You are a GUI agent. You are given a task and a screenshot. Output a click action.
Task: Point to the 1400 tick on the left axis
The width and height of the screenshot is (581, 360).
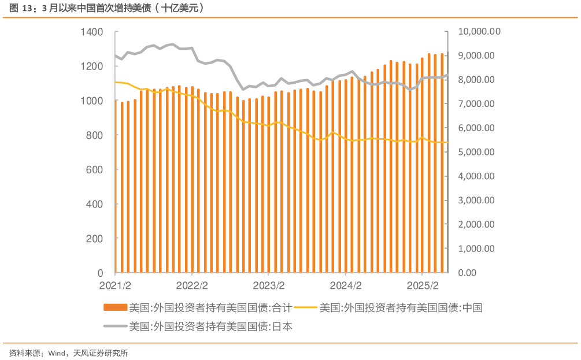(92, 32)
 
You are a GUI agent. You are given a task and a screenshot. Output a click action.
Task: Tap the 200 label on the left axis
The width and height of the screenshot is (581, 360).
(95, 239)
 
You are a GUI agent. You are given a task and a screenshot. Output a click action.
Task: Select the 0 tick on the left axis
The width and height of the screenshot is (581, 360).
(100, 273)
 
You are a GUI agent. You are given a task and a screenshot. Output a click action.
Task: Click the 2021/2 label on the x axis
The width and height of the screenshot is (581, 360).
(116, 286)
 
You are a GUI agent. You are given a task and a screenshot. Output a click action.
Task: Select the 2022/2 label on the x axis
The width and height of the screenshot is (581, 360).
(192, 286)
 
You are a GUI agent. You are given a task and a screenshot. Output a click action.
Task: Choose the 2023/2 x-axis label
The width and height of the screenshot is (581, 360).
(269, 286)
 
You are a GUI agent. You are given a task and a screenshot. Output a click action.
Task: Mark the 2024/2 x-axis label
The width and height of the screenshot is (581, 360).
(346, 286)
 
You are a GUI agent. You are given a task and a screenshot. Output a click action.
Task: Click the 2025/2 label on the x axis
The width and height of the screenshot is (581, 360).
(423, 286)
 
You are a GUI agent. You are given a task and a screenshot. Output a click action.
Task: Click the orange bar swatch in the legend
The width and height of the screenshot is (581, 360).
(115, 307)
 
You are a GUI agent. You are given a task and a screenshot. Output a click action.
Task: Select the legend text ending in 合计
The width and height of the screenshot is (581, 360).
(210, 307)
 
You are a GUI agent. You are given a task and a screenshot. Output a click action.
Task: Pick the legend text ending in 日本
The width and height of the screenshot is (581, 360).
(210, 326)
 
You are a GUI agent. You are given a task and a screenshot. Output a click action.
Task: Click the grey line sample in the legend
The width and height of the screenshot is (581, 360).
(115, 326)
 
